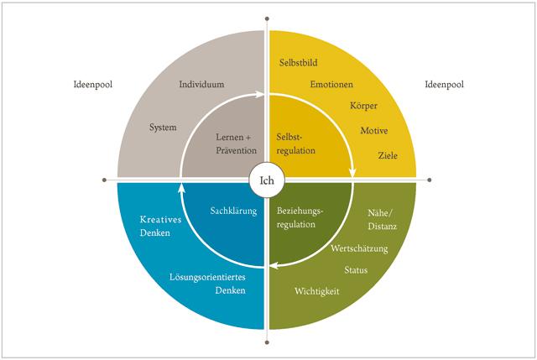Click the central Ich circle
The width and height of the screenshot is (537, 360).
(267, 179)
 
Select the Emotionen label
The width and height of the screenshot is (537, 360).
(331, 85)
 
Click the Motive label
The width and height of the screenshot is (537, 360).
(373, 131)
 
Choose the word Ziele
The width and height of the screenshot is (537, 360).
(388, 155)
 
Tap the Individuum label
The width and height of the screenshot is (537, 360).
(202, 85)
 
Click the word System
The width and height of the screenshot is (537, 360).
(163, 128)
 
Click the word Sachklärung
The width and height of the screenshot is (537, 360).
(232, 211)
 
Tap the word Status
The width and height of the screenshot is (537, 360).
(356, 270)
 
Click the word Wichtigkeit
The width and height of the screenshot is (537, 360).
(316, 291)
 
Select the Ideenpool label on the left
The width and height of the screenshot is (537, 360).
(92, 85)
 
